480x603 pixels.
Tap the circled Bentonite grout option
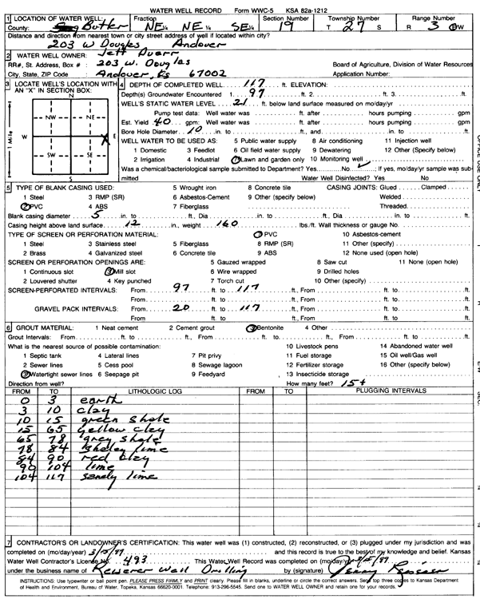coord(272,327)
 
